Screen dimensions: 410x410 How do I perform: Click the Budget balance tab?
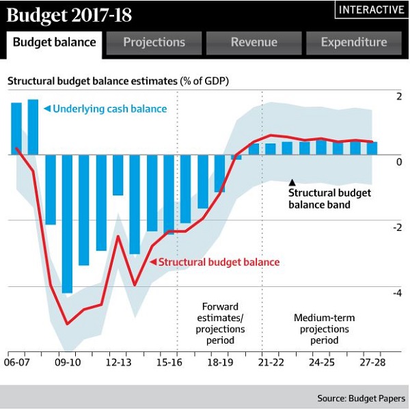tap(55, 42)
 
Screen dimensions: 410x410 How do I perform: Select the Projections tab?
tap(154, 42)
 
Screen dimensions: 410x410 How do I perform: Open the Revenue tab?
tap(254, 42)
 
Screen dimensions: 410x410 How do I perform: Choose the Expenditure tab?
tap(353, 42)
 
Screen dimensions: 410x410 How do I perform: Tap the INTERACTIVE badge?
tap(370, 10)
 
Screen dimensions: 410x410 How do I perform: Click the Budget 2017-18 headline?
tap(69, 14)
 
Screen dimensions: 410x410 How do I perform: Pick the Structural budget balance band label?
tap(329, 198)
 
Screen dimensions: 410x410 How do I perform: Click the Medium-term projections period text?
tap(325, 329)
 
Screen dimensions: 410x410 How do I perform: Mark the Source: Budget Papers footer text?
tap(361, 398)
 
